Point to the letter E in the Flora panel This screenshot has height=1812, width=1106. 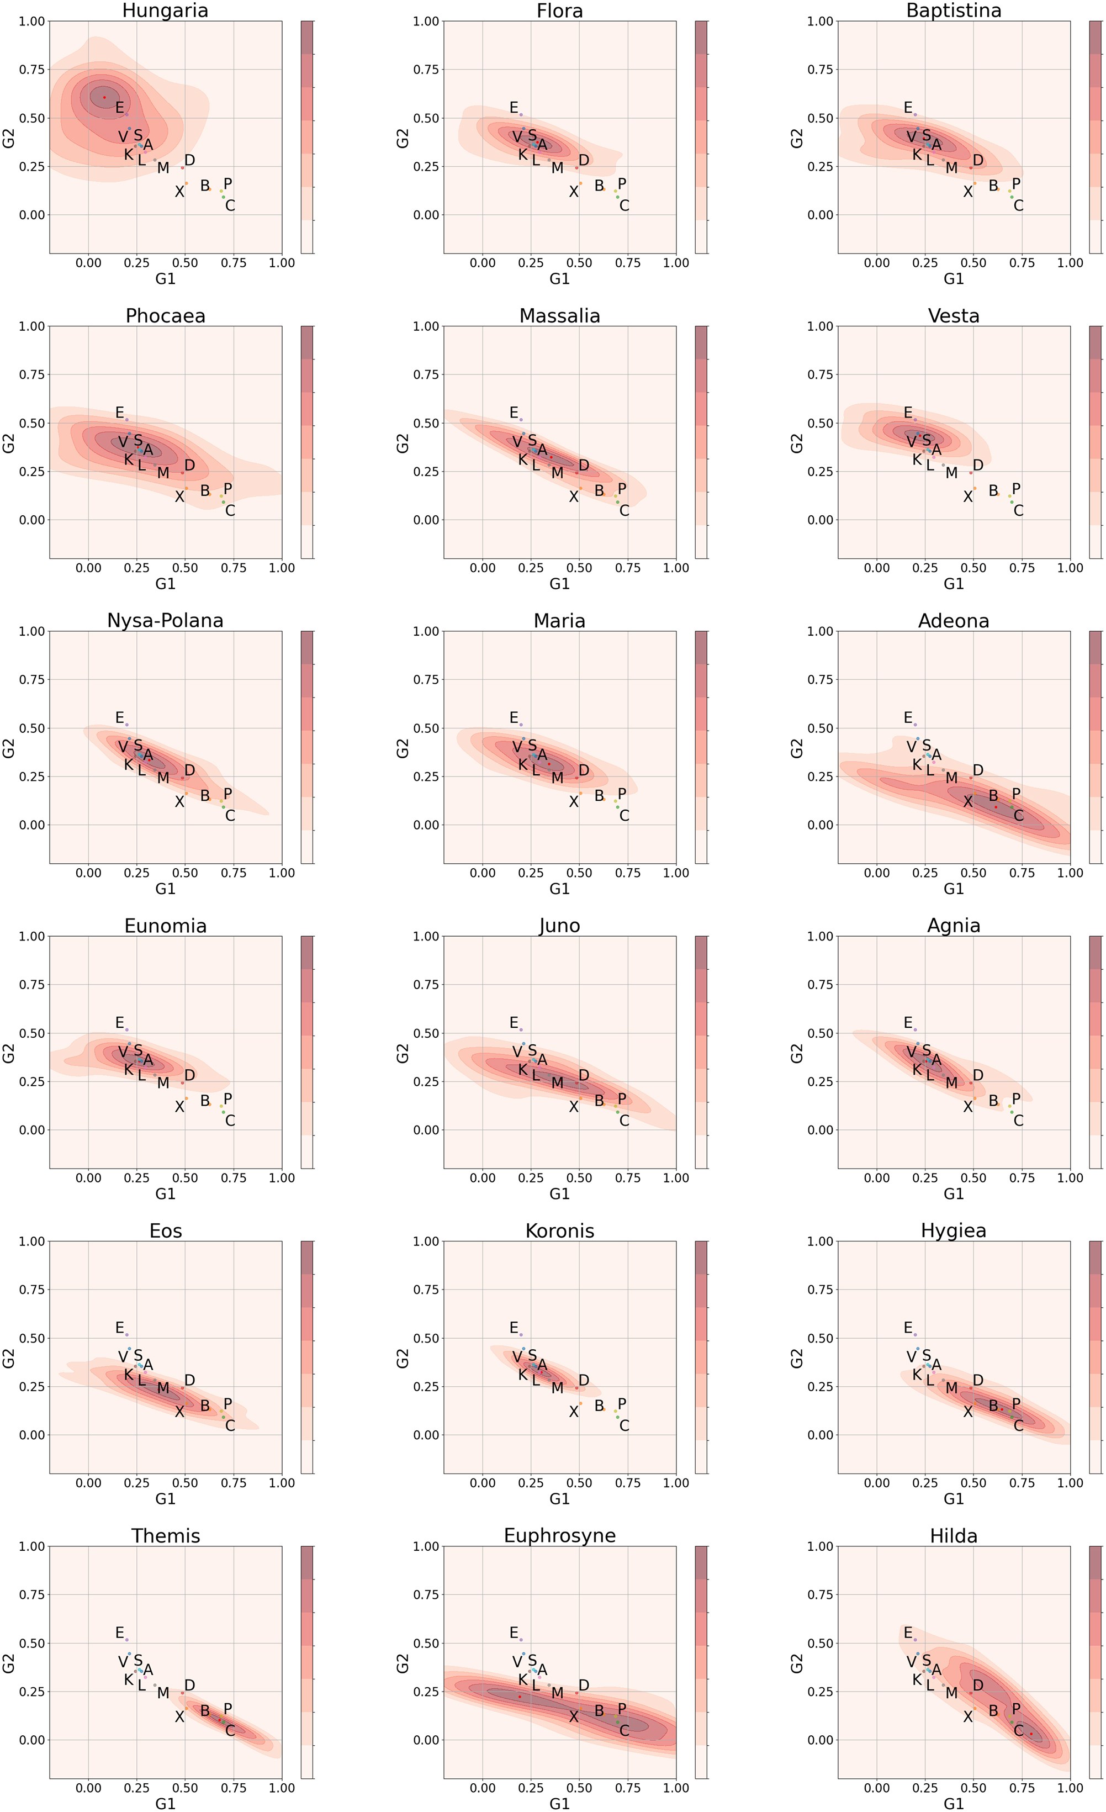[x=514, y=108]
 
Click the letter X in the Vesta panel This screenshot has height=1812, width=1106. [x=968, y=497]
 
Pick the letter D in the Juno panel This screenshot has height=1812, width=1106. [x=584, y=1075]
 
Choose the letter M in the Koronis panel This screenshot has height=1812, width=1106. [x=557, y=1388]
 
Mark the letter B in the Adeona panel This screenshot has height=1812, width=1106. [x=993, y=796]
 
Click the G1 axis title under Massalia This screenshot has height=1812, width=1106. [x=559, y=584]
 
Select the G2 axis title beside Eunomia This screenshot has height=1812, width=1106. [x=9, y=1053]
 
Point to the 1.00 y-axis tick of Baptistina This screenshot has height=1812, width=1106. [x=821, y=22]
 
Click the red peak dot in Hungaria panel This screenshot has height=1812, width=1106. [x=104, y=97]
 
